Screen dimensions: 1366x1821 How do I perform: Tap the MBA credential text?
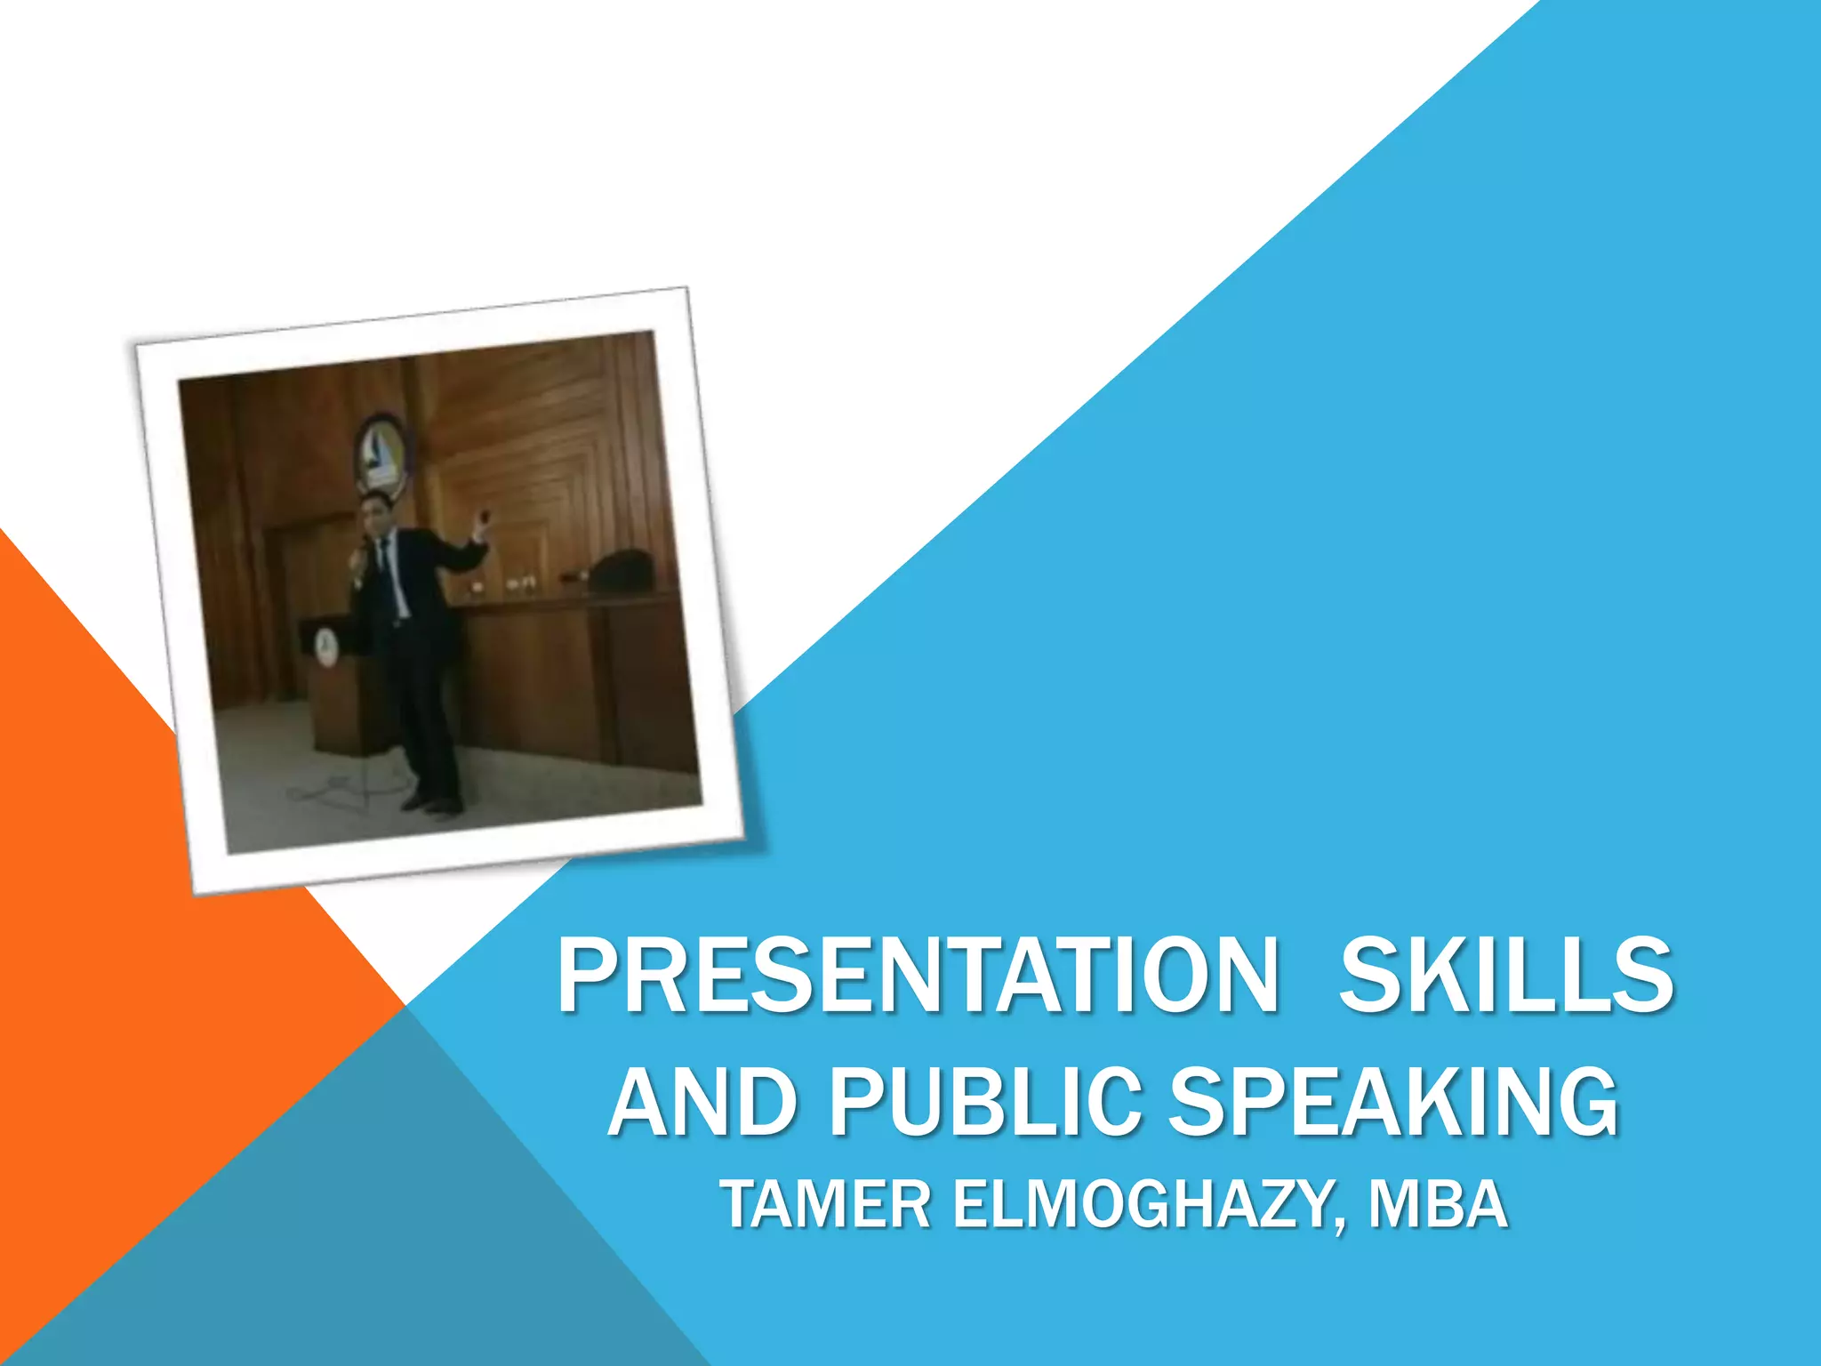1438,1204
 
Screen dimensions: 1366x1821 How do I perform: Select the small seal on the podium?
325,647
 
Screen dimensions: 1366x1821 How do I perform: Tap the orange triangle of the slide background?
133,889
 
